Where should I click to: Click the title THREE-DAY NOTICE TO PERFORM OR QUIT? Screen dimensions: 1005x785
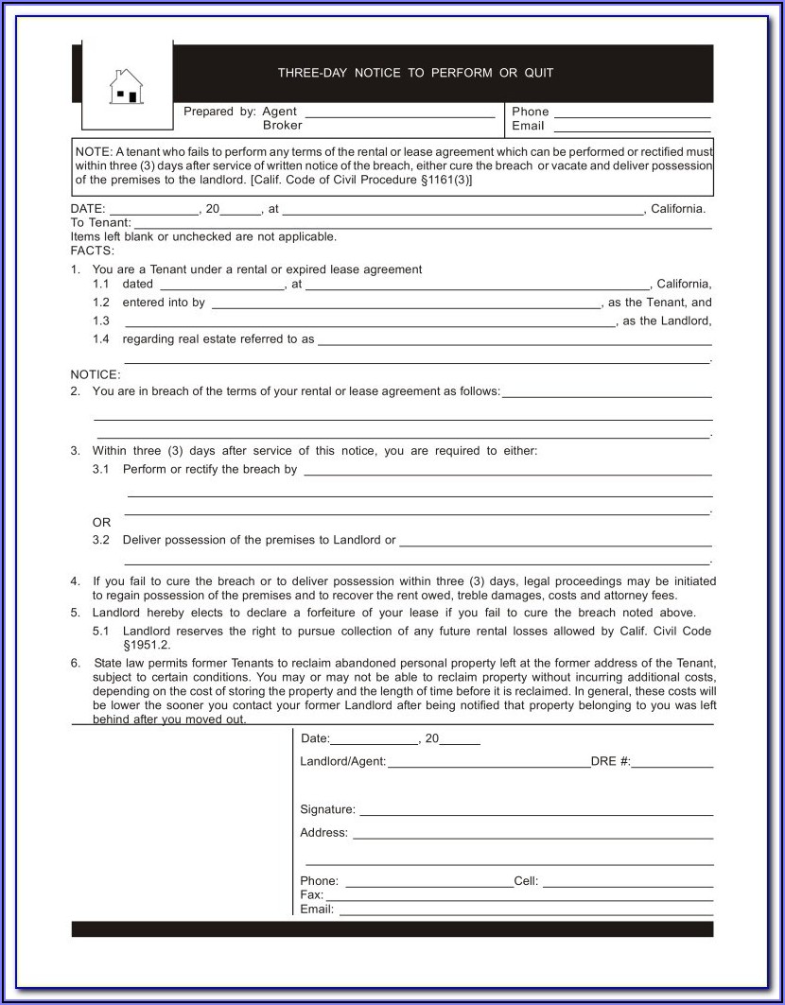tap(415, 73)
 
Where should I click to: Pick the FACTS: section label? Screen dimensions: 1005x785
tap(92, 251)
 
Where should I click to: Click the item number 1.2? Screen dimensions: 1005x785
tap(101, 303)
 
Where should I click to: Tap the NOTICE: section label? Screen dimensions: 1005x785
tap(96, 374)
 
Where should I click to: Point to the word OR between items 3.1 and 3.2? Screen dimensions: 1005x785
tap(101, 522)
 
